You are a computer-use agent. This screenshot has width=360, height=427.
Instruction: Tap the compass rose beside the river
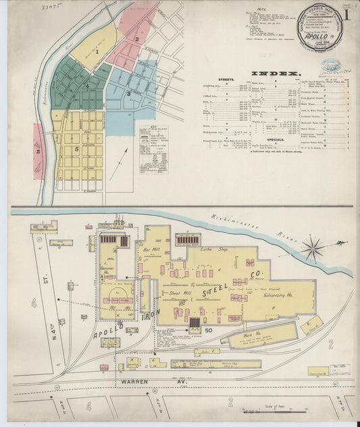coord(313,248)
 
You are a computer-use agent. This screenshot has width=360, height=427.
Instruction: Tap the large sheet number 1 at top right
coord(346,15)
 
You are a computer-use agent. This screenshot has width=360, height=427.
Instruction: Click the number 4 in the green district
coord(86,86)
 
